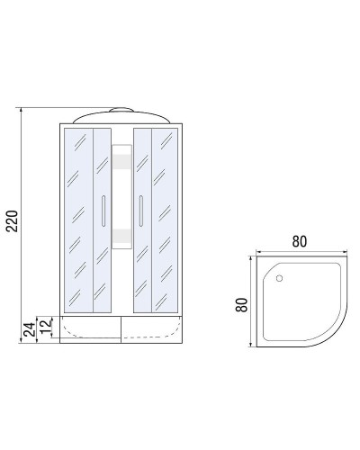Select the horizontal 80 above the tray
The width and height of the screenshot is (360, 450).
[300, 241]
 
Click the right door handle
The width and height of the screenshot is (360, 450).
[140, 210]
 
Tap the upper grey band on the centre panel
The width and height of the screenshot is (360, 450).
[121, 161]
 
